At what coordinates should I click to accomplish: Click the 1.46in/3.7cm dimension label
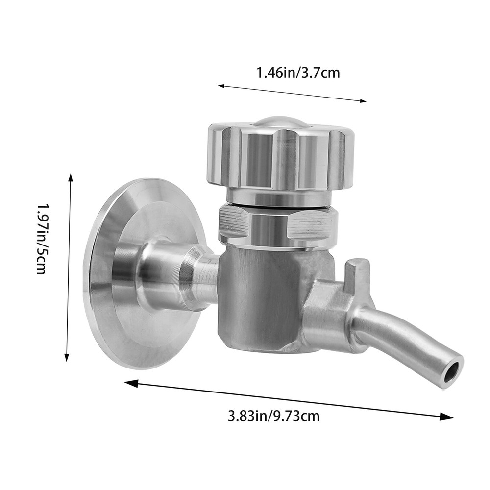298,73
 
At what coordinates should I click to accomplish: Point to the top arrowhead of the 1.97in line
71,177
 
